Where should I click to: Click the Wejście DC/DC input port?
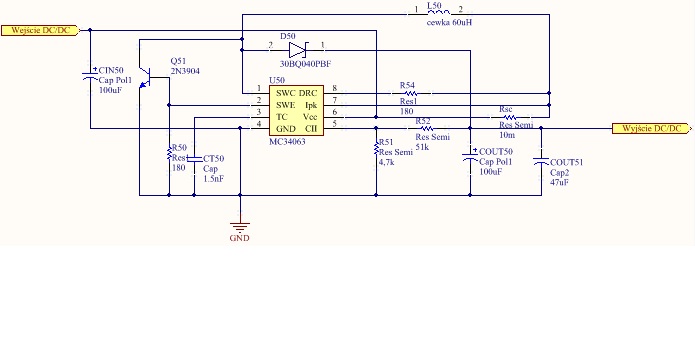(41, 30)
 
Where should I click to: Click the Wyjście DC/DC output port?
(652, 129)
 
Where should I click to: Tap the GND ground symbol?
(240, 228)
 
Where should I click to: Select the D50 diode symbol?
(297, 51)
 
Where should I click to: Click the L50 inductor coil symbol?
(439, 12)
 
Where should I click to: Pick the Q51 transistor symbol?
(145, 78)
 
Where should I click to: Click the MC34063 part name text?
(287, 142)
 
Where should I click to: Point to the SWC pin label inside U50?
(285, 94)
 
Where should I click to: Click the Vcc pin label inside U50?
(309, 117)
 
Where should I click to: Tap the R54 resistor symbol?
(411, 94)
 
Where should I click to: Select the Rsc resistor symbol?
(509, 117)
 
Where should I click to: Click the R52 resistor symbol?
(427, 129)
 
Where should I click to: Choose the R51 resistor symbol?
(376, 148)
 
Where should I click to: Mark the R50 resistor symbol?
(168, 154)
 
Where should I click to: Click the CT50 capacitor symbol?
(194, 159)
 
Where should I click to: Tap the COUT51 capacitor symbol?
(541, 161)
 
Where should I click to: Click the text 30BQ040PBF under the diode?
(305, 64)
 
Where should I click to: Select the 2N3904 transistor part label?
(185, 70)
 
